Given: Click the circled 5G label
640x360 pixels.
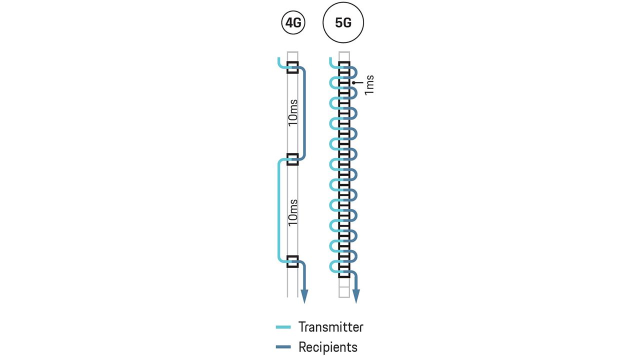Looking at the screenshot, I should [343, 23].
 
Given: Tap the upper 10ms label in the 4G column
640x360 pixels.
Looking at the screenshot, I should [293, 113].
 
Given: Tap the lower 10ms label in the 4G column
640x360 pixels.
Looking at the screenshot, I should [293, 212].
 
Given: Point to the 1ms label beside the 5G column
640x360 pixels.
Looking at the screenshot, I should [369, 85].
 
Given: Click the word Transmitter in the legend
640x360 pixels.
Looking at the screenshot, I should [330, 327].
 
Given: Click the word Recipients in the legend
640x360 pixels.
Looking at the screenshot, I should [327, 347].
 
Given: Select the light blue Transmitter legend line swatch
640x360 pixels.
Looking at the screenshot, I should [283, 327].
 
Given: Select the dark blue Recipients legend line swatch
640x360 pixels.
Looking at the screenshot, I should [283, 347].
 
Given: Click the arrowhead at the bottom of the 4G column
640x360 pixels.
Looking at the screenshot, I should [304, 296].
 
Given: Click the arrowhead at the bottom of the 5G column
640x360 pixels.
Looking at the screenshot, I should [356, 296].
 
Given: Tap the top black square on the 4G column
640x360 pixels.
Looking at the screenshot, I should [292, 67].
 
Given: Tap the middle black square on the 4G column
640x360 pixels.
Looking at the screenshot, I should [292, 159].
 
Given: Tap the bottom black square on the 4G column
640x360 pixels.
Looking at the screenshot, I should [292, 261].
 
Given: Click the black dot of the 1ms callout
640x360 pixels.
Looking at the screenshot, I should [353, 82].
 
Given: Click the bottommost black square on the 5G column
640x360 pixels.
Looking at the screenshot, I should [344, 273].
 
